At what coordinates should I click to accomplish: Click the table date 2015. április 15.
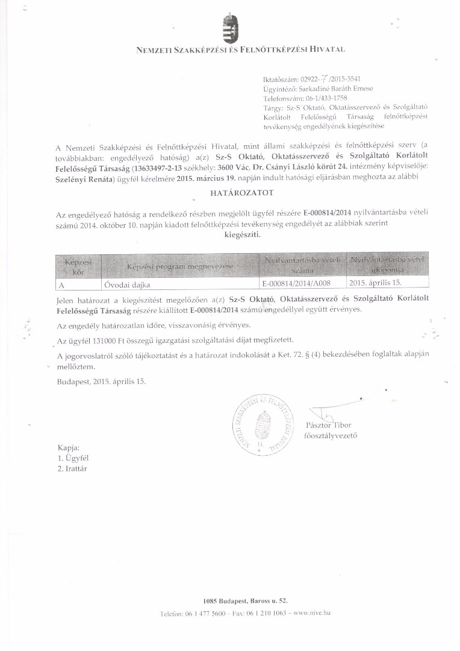(375, 281)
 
